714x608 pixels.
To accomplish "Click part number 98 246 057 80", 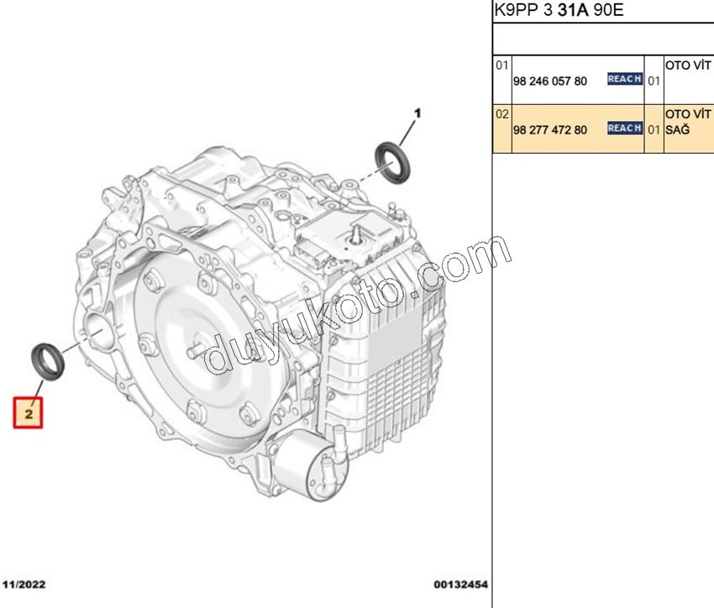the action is (549, 81).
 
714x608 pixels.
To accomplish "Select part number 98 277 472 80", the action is (549, 130).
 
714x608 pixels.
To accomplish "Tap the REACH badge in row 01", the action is (625, 79).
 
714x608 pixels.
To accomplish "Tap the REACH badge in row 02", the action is (625, 128).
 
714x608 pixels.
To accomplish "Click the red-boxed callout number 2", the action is (29, 413).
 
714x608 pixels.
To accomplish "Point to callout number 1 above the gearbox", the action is (417, 113).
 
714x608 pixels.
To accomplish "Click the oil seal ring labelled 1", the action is (392, 163).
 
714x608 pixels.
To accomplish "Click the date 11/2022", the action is (24, 584).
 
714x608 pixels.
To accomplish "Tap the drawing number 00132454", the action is (460, 584).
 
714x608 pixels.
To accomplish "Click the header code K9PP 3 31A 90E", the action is (559, 9).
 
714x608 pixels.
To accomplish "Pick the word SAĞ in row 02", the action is (677, 130).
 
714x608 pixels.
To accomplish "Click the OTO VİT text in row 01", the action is (688, 66).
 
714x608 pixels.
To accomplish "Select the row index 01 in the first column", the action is (501, 66).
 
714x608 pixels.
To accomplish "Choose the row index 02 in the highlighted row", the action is (501, 113).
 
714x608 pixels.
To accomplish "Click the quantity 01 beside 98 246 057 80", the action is (654, 81).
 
